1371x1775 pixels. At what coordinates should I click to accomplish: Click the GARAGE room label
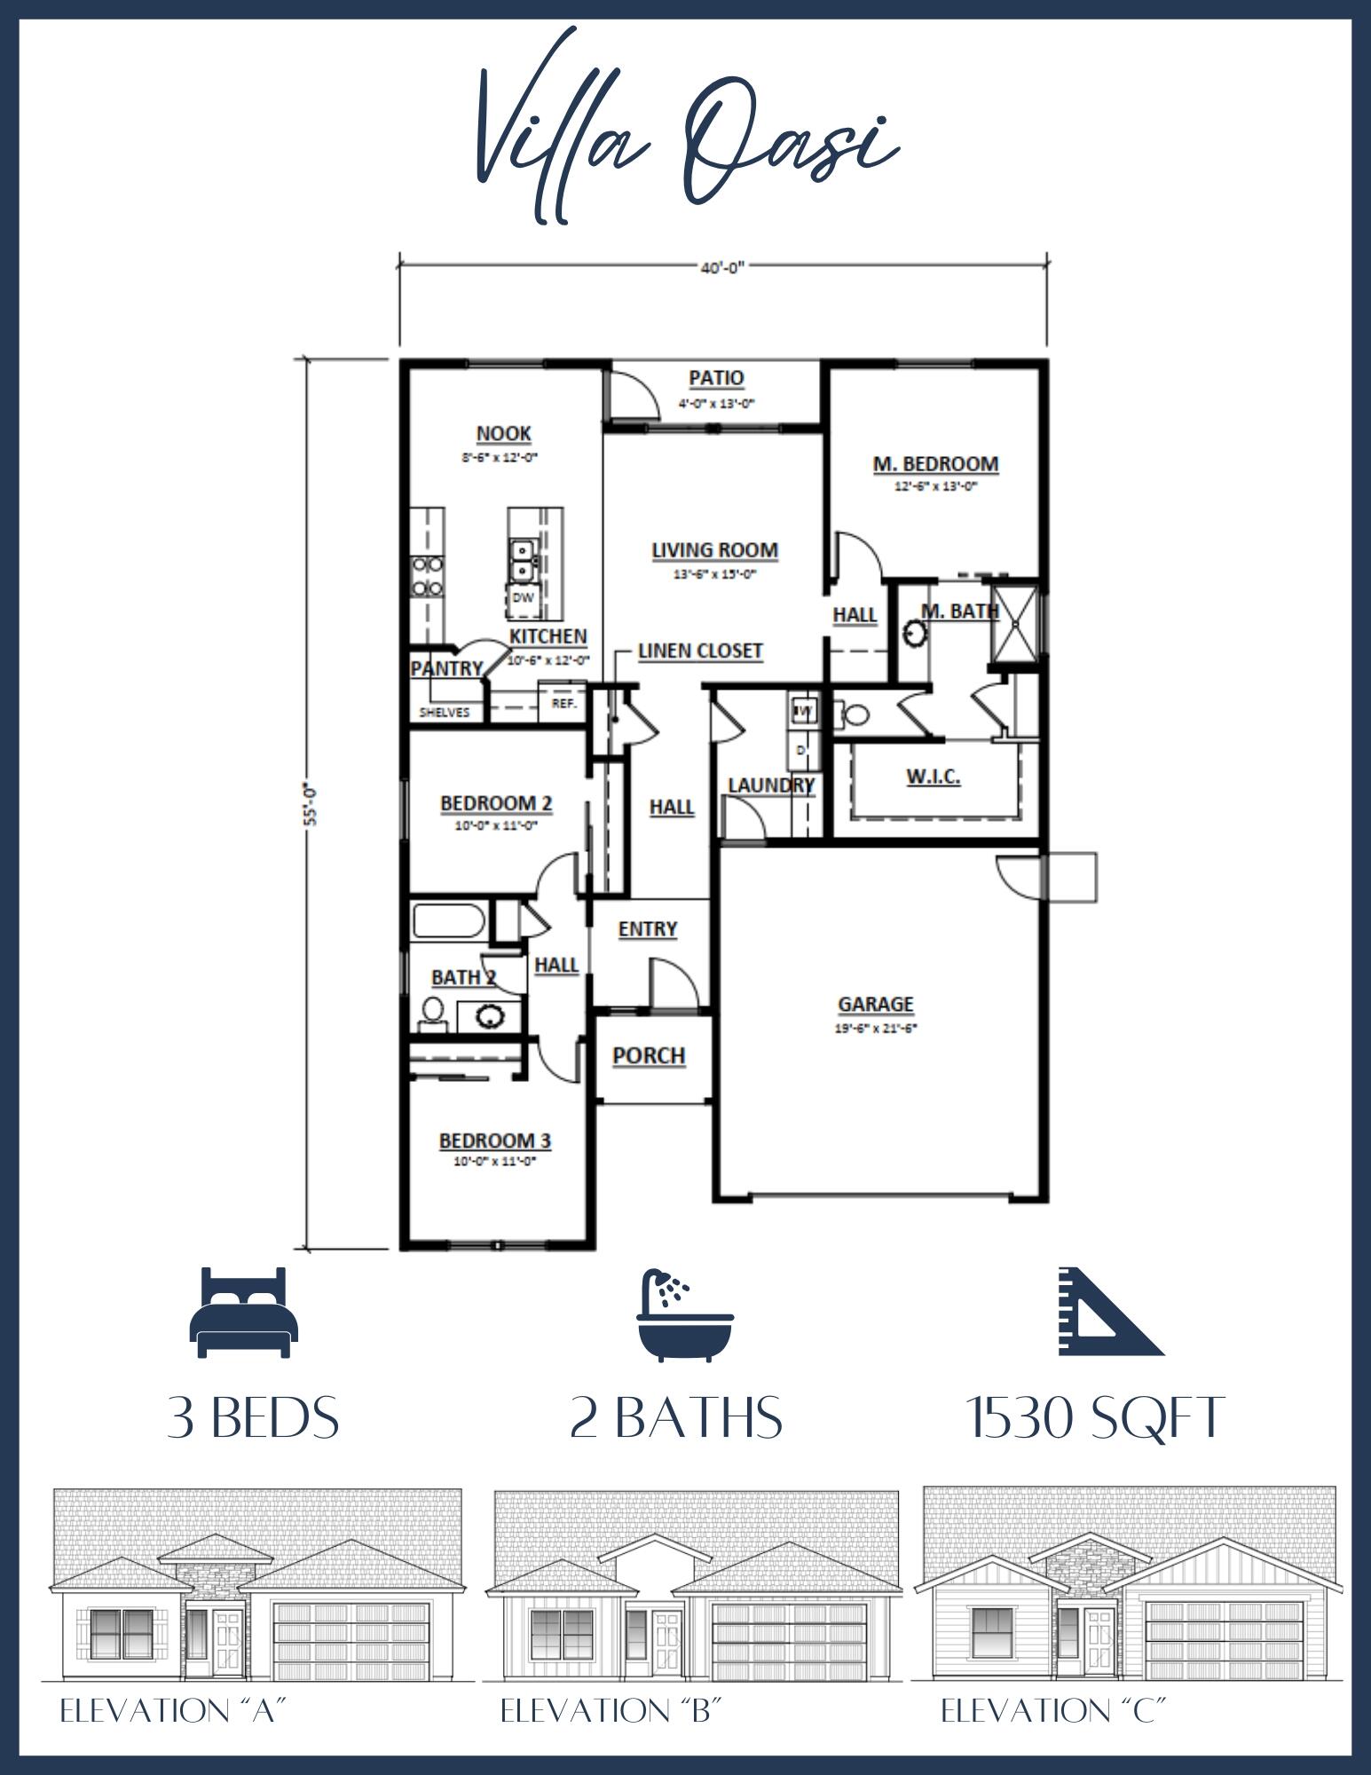point(876,1004)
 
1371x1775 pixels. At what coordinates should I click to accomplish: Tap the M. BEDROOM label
point(935,463)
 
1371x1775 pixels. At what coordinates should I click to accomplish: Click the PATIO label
point(716,378)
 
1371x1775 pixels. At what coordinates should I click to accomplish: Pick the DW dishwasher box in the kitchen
point(523,598)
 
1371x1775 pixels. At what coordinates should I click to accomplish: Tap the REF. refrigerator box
point(563,704)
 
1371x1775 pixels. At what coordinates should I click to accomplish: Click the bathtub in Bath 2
point(448,920)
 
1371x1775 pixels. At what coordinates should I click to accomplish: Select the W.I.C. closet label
point(934,777)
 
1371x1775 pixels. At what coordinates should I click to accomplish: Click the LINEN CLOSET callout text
point(700,651)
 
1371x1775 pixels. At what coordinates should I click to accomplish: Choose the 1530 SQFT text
point(1096,1417)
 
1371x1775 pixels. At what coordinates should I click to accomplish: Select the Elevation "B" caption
point(611,1710)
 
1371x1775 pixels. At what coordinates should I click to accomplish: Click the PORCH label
point(649,1056)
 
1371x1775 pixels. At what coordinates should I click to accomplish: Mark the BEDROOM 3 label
point(495,1140)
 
